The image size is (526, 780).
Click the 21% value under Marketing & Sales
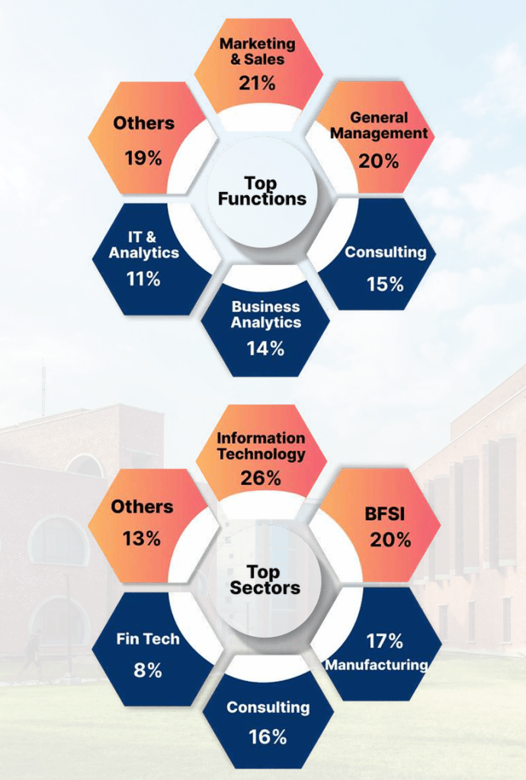point(257,82)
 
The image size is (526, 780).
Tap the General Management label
point(379,126)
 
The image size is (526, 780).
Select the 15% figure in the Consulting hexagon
point(384,283)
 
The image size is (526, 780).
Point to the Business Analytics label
point(266,314)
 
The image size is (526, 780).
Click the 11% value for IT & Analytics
point(143,279)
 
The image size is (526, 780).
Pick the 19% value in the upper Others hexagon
point(143,158)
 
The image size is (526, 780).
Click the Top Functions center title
point(261,190)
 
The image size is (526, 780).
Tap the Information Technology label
point(261,446)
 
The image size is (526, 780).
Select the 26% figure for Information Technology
point(261,478)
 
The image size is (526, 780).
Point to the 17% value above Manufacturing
point(384,641)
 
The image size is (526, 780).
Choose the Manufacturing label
point(377,665)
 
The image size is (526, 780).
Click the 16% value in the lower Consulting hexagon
point(268,737)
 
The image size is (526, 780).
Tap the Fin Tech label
point(149,638)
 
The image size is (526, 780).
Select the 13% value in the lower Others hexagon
point(142,538)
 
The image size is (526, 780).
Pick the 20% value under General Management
point(380,161)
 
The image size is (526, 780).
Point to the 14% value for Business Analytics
point(265,348)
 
